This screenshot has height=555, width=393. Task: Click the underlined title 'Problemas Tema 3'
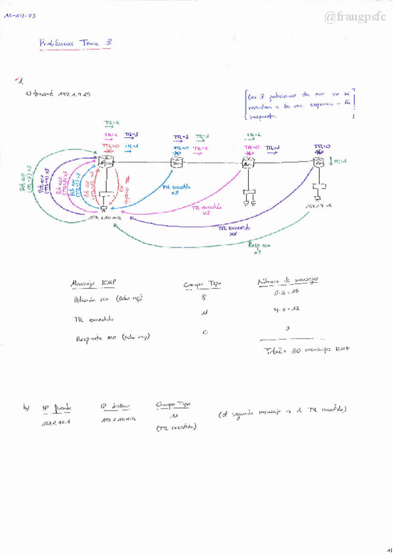tap(76, 43)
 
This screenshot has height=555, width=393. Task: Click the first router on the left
tap(105, 162)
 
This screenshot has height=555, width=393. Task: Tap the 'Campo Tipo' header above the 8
tap(205, 284)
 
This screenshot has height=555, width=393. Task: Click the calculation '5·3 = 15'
tap(286, 291)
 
